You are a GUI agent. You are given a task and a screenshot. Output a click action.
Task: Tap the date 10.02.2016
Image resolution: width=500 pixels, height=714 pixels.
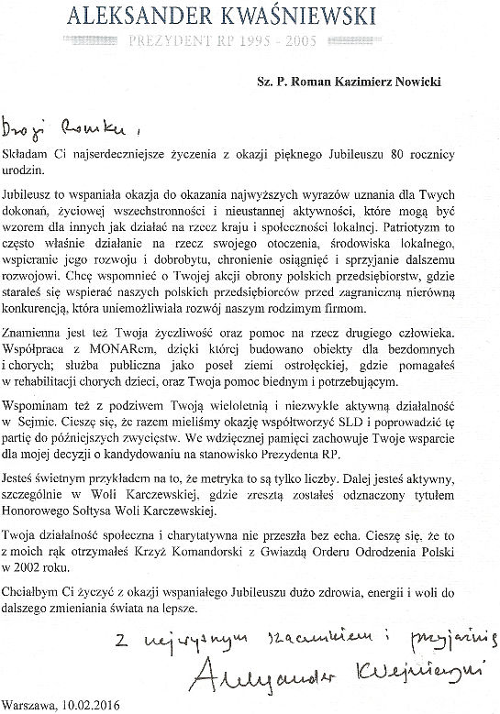(98, 704)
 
